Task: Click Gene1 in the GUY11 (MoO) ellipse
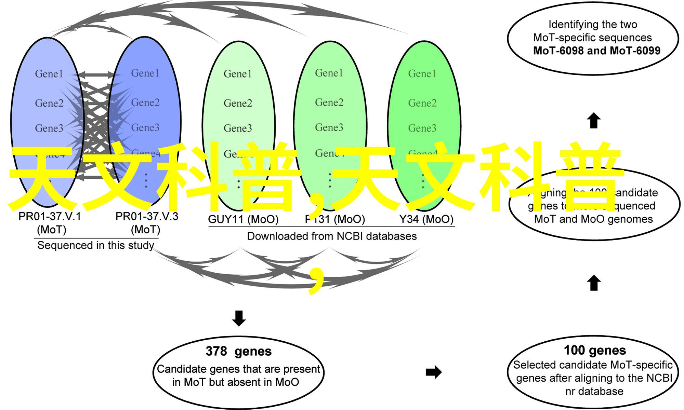pos(238,74)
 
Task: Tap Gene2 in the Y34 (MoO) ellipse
pos(422,103)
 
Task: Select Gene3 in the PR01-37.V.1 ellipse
pos(49,128)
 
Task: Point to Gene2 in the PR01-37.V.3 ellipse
pos(145,102)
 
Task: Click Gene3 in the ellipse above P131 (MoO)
pos(329,127)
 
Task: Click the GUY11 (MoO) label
pos(243,219)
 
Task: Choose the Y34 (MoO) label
pos(426,219)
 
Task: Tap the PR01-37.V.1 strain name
pos(50,217)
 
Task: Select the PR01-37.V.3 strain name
pos(147,217)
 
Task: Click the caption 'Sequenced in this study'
pos(95,245)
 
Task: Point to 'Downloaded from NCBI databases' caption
pos(332,236)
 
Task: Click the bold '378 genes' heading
pos(239,351)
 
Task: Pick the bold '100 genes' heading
pos(595,350)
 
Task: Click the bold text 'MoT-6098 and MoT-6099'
pos(596,51)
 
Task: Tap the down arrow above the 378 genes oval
pos(239,318)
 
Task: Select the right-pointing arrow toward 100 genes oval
pos(434,372)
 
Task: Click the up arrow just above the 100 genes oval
pos(594,283)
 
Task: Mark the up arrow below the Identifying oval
pos(594,120)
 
